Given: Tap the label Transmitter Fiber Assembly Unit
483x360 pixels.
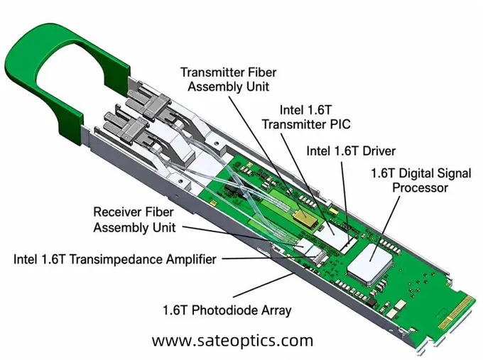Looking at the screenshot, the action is tap(228, 80).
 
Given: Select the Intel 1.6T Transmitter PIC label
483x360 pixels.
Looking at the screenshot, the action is tap(306, 117).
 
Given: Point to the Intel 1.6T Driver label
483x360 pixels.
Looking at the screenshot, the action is tap(351, 151).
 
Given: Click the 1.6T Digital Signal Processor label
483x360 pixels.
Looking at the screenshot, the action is tap(420, 180).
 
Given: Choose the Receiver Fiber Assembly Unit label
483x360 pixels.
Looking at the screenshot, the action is tap(134, 219).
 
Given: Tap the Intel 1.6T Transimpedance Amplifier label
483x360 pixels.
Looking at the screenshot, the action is tap(115, 259).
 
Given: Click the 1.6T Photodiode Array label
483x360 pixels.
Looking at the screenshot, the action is tap(227, 310).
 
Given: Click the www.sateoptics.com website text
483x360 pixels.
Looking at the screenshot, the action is tap(232, 341).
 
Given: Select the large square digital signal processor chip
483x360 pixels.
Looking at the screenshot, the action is tap(369, 263).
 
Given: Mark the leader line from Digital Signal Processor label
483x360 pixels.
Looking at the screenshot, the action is tap(386, 227).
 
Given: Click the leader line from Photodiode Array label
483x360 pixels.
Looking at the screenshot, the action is tap(264, 284).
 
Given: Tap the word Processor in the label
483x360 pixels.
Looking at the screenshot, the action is tap(420, 187).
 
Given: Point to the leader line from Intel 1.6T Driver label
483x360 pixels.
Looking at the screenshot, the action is tap(345, 202).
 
